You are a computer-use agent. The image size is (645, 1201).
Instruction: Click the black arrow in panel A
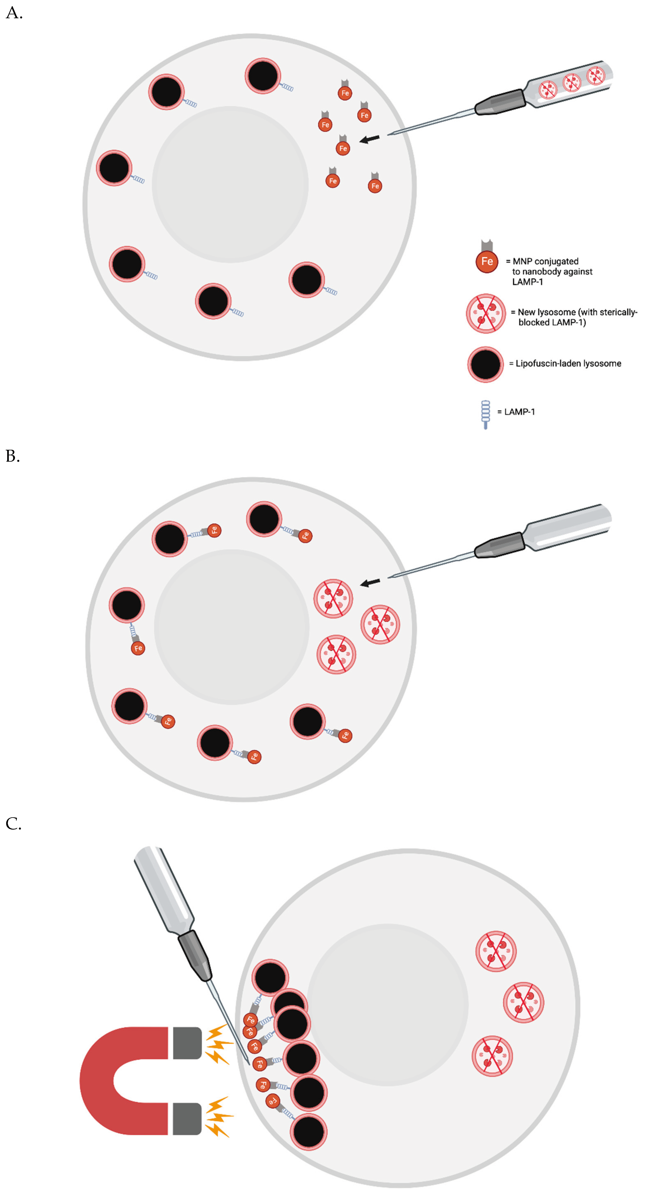(370, 138)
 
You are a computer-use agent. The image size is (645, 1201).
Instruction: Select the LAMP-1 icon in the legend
(486, 413)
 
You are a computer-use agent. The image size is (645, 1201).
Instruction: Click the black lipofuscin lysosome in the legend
(486, 364)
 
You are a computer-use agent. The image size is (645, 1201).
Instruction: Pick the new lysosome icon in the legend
(486, 313)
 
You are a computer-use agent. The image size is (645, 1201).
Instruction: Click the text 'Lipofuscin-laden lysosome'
(568, 364)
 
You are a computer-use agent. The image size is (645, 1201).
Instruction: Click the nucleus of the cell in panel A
(230, 184)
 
